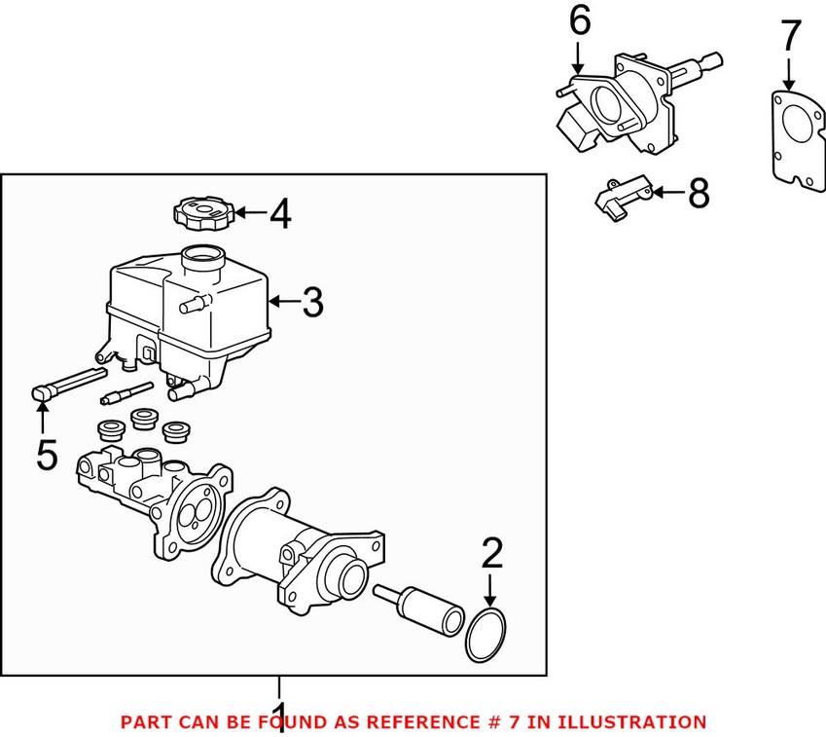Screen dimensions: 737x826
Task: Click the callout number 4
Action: coord(279,213)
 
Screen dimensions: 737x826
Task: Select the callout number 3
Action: coord(310,303)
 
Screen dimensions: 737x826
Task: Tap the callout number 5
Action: coord(46,453)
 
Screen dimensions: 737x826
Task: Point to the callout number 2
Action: coord(492,553)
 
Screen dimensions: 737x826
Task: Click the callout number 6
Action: coord(579,21)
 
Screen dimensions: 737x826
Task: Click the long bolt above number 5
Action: coord(68,382)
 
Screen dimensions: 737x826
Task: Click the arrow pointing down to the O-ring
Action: coord(491,590)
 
